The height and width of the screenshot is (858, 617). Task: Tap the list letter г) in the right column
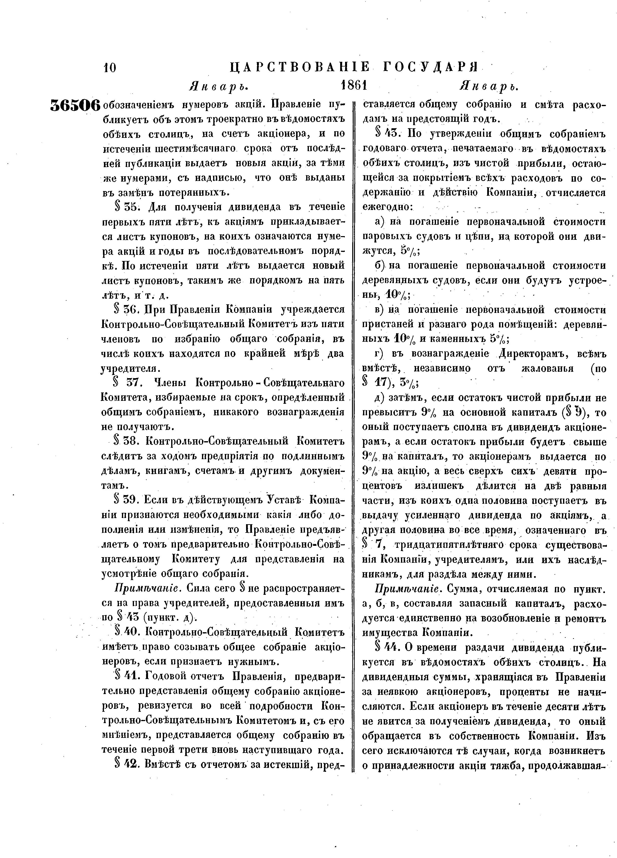pyautogui.click(x=379, y=354)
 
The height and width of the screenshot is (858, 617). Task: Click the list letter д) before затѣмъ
pyautogui.click(x=379, y=398)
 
